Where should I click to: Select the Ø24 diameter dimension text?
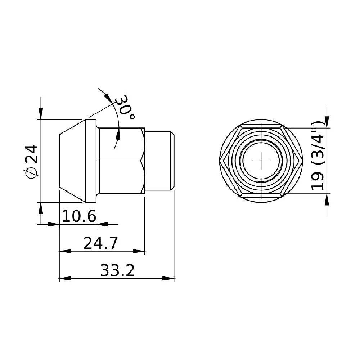pos(31,161)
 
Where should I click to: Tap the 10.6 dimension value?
pos(79,217)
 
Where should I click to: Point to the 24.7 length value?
pos(101,244)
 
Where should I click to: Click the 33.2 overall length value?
pos(117,271)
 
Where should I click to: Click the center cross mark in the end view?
pos(261,161)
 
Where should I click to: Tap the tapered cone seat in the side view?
pos(72,161)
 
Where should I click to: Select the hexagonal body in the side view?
pos(122,161)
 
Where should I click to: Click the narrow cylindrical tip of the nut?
pos(159,161)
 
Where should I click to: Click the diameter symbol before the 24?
pos(31,173)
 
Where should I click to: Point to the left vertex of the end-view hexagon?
pos(221,161)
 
